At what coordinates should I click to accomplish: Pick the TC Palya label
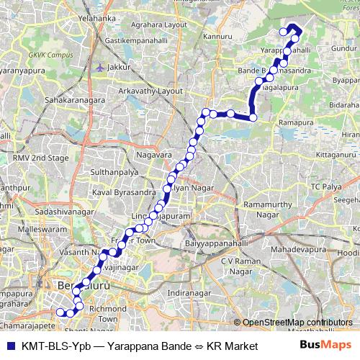[325, 186]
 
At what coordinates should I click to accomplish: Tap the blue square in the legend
[9, 346]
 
